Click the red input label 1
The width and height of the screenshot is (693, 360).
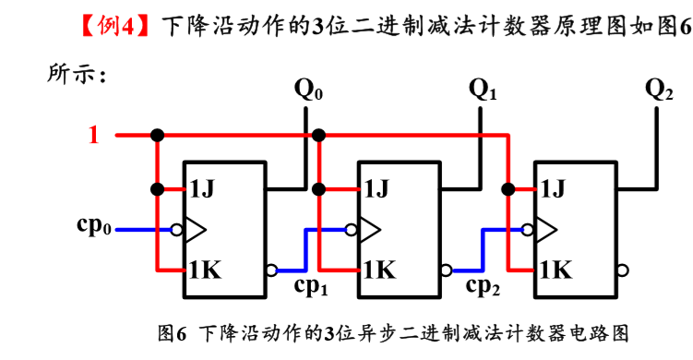pyautogui.click(x=93, y=136)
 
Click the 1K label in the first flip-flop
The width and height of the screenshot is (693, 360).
pyautogui.click(x=206, y=270)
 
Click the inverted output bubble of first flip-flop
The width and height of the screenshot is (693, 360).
pyautogui.click(x=270, y=271)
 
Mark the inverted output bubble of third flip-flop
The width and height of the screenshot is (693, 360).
pyautogui.click(x=623, y=271)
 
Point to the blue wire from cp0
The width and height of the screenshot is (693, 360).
pyautogui.click(x=148, y=228)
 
